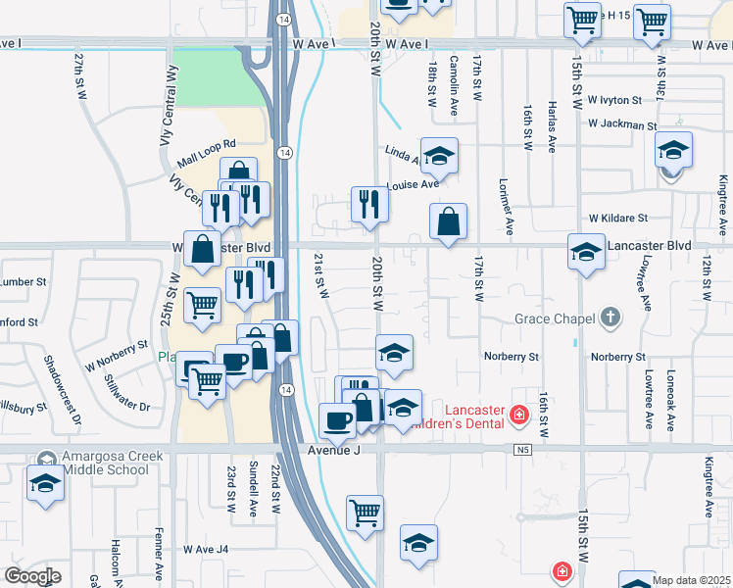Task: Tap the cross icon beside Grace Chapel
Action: (x=611, y=317)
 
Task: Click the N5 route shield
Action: (x=521, y=450)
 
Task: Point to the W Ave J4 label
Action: (x=205, y=550)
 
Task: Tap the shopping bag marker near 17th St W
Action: (x=448, y=221)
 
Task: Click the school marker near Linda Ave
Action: (x=440, y=155)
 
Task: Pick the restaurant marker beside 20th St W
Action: (x=370, y=204)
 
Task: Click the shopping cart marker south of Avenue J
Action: (x=365, y=512)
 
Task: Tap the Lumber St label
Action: (x=17, y=281)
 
